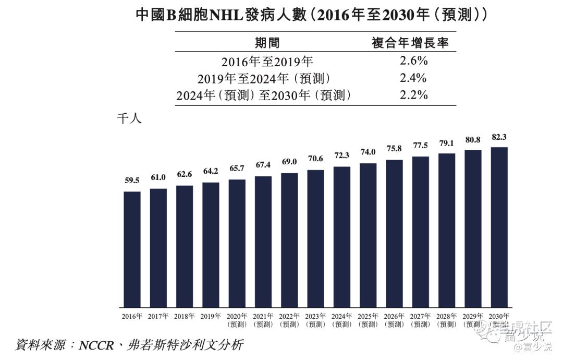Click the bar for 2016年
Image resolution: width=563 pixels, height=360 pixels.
(132, 249)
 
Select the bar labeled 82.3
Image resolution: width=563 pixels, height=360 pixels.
(499, 227)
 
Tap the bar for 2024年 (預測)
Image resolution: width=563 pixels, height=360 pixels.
(341, 237)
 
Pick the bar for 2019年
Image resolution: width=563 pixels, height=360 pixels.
(211, 245)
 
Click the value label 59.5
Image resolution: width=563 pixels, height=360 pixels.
(132, 181)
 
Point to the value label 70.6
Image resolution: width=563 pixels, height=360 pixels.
(315, 159)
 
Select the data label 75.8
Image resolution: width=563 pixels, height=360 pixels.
(394, 149)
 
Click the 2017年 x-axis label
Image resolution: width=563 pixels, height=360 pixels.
(158, 316)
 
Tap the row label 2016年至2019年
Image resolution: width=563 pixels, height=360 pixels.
(267, 62)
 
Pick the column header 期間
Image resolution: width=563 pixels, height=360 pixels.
(267, 43)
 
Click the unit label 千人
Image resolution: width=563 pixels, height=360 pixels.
(129, 119)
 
